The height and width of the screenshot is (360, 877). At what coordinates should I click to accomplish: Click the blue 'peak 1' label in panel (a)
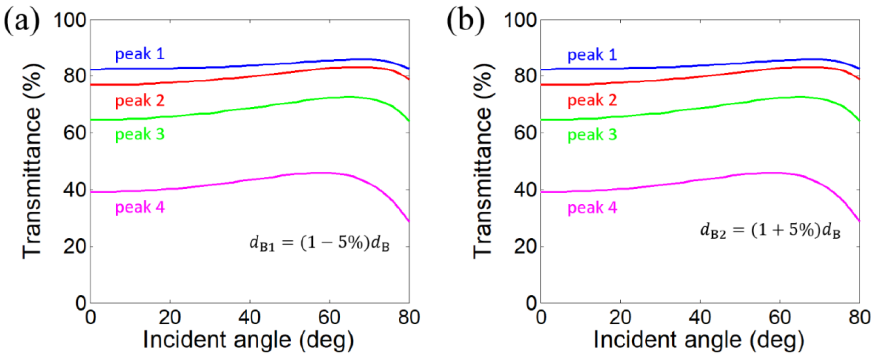[x=140, y=54]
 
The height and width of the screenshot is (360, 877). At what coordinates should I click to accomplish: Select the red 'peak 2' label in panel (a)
[x=140, y=101]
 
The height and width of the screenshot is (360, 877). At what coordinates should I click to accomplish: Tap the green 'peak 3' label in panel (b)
[x=592, y=135]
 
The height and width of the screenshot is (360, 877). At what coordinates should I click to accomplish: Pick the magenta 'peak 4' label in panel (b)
[x=592, y=208]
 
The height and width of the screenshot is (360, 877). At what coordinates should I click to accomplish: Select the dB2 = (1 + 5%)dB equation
[x=770, y=231]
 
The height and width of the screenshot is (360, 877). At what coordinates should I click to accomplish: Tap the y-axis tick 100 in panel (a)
[x=70, y=20]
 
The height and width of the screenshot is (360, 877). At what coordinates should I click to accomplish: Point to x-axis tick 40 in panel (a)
[x=250, y=317]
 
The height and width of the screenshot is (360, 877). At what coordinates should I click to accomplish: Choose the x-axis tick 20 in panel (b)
[x=620, y=317]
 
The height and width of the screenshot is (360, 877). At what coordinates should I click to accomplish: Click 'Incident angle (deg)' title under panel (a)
[x=249, y=340]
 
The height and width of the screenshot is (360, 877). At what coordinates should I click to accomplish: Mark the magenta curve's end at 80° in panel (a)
[x=409, y=221]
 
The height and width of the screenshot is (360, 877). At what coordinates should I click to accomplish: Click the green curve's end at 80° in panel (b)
[x=859, y=121]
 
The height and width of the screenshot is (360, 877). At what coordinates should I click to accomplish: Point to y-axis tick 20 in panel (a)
[x=74, y=246]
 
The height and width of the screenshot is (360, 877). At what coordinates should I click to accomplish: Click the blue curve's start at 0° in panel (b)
[x=541, y=70]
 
